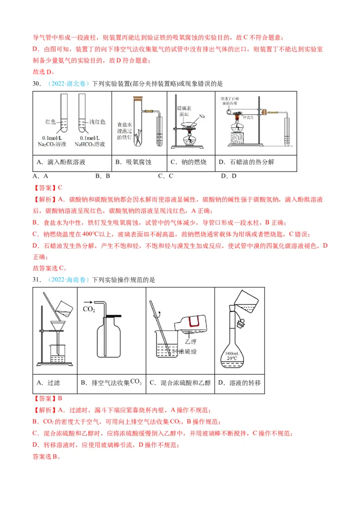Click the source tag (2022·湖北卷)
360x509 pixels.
(x=67, y=84)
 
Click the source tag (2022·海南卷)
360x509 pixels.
(x=67, y=280)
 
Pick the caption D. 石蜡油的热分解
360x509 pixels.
(x=246, y=162)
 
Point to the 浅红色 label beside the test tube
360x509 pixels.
(x=97, y=122)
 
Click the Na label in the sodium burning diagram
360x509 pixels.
(x=202, y=116)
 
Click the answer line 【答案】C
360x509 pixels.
(x=48, y=188)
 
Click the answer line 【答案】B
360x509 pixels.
(x=48, y=398)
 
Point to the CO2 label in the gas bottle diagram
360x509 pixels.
(x=89, y=309)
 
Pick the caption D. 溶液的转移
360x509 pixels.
(x=239, y=383)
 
